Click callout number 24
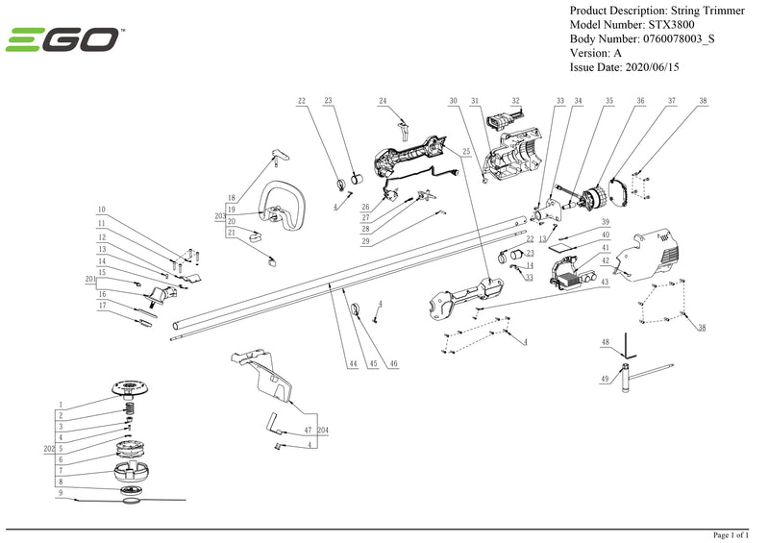click(383, 101)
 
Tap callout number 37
click(672, 101)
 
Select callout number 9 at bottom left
click(61, 492)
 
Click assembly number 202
click(49, 448)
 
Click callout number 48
click(605, 342)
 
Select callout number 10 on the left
click(101, 210)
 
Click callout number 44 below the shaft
click(353, 364)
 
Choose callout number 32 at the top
click(515, 101)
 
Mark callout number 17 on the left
click(101, 305)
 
